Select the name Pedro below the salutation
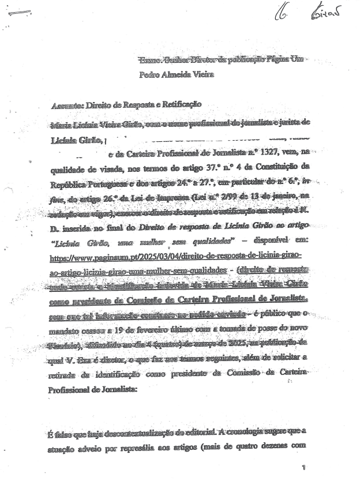coord(151,74)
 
